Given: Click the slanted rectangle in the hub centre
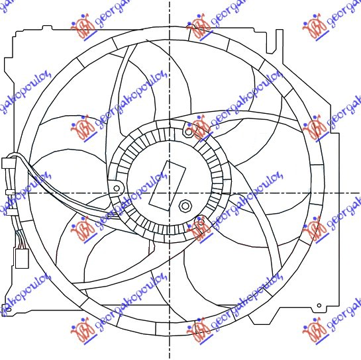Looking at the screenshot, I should [165, 183].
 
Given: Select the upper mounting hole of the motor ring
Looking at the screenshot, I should [189, 132].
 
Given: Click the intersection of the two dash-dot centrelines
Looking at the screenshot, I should [170, 193].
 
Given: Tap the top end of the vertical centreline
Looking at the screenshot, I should [170, 3].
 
